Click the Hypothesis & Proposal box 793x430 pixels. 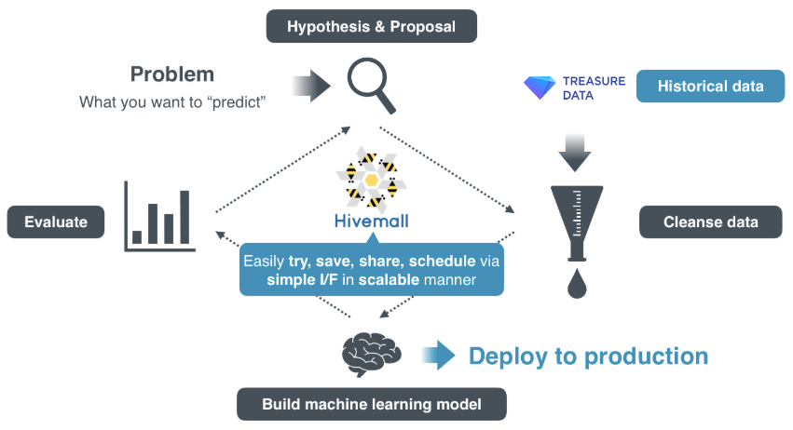pos(371,26)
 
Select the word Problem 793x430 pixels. pos(172,74)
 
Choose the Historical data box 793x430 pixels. pos(710,87)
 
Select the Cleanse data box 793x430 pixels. pos(710,222)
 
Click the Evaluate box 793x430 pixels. pos(56,222)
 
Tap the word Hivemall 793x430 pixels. pos(372,222)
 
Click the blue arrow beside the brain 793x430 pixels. pos(437,355)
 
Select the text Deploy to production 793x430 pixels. pos(588,356)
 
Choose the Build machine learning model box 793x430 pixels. pos(372,404)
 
